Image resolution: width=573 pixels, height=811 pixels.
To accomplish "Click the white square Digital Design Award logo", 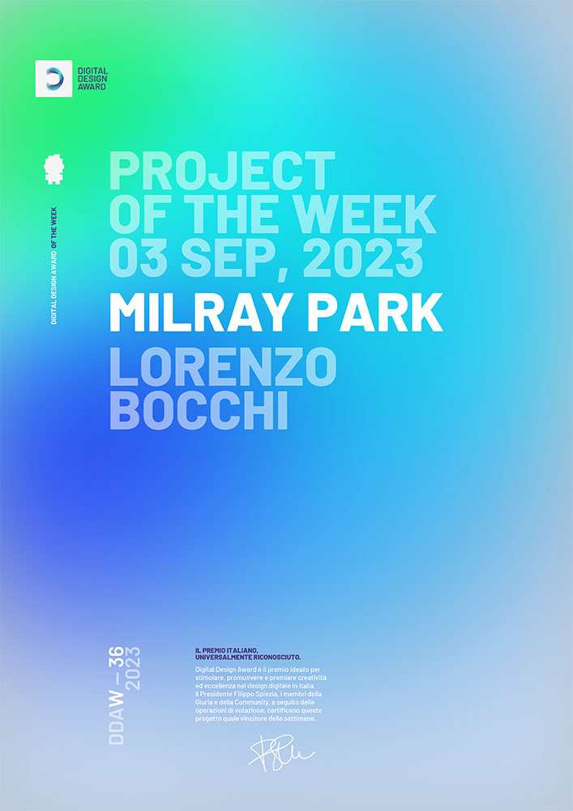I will [53, 79].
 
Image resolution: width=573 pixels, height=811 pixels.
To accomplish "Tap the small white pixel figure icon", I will [53, 169].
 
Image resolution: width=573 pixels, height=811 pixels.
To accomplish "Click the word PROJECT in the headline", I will [221, 171].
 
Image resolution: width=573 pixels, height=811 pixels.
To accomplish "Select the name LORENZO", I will [223, 368].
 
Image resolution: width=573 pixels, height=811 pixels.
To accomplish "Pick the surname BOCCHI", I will [199, 411].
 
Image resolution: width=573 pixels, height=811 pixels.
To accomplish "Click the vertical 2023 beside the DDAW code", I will [134, 667].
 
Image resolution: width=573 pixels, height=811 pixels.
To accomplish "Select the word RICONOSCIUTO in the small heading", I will [276, 656].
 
